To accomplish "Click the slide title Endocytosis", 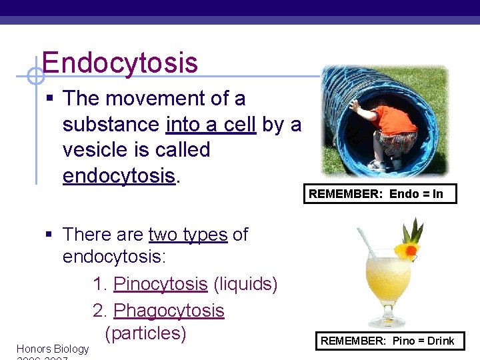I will click(120, 63).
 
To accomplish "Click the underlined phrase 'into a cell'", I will click(211, 125).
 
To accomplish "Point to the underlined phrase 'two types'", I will click(188, 235).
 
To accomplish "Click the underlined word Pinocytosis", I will click(161, 284).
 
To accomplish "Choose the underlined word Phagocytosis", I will click(169, 311).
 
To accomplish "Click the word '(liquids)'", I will click(245, 284).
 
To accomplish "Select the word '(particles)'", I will click(145, 333).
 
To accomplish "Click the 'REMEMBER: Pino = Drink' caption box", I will click(387, 341).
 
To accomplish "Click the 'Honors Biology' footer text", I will click(52, 349).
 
